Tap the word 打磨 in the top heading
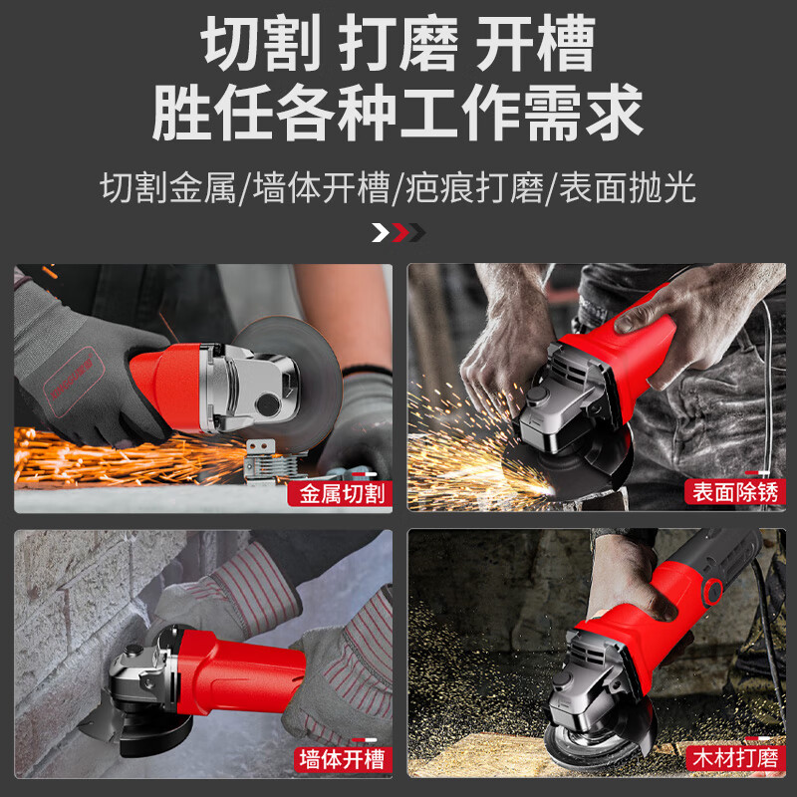(x=398, y=45)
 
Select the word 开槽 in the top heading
(x=535, y=45)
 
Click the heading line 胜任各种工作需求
(x=398, y=112)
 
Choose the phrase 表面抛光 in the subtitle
(x=627, y=187)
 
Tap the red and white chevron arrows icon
(x=398, y=233)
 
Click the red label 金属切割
(x=338, y=493)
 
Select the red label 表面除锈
(x=733, y=491)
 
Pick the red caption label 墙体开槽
(x=339, y=760)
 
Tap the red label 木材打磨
(x=733, y=760)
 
